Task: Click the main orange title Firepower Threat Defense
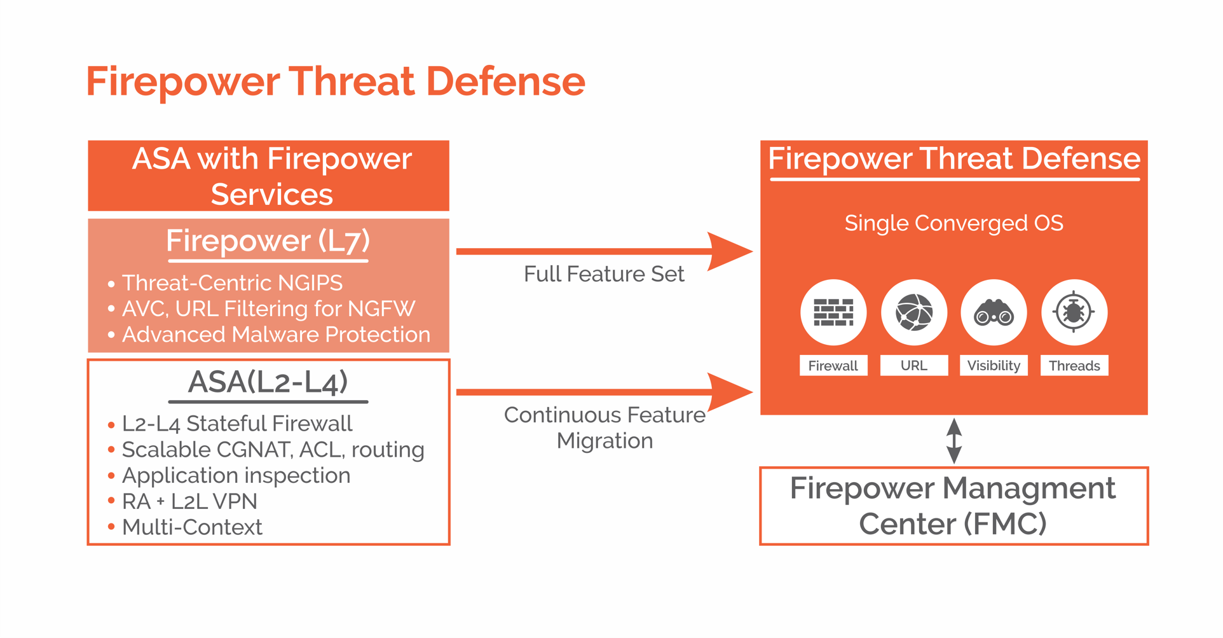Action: click(x=335, y=81)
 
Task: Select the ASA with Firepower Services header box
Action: click(x=269, y=176)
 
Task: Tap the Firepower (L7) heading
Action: click(x=268, y=241)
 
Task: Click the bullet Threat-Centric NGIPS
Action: click(x=232, y=282)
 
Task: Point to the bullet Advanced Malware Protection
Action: click(x=276, y=335)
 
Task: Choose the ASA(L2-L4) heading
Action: click(x=268, y=382)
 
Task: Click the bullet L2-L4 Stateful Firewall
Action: click(x=236, y=424)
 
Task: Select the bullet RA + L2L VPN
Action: click(x=189, y=501)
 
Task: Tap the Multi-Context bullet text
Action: click(x=192, y=527)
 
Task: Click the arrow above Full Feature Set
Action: click(x=604, y=251)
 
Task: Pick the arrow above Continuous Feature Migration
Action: click(x=604, y=392)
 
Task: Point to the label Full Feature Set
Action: click(x=604, y=274)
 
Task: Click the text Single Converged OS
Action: click(x=953, y=223)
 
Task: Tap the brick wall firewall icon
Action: click(x=833, y=312)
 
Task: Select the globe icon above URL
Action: click(x=914, y=312)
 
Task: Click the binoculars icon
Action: click(x=994, y=312)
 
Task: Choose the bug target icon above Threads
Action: click(x=1074, y=312)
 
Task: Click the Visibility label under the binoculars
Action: click(x=994, y=366)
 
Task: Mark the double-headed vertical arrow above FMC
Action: click(x=954, y=441)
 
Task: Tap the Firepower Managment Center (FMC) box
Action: click(x=953, y=506)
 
